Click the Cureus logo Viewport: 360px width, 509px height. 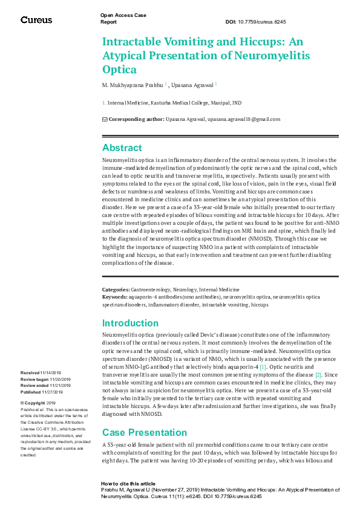tap(36, 20)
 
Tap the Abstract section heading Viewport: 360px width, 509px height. tap(122, 148)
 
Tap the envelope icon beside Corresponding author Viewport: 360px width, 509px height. tap(105, 119)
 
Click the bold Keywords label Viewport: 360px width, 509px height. tap(115, 297)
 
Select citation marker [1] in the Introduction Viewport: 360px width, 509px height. tap(263, 366)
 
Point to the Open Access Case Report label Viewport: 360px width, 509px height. tap(123, 18)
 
